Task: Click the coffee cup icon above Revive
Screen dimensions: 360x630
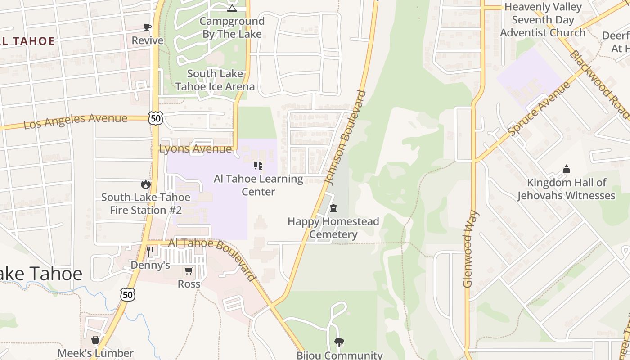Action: [148, 27]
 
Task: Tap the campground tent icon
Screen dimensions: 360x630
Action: [232, 8]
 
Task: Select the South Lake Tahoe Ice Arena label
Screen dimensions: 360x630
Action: [215, 80]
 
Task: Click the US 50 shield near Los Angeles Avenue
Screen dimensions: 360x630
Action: [156, 119]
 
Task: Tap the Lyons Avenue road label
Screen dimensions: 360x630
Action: [195, 149]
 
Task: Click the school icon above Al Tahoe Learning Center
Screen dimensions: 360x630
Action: [258, 166]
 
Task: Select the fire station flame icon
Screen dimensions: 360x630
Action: [145, 184]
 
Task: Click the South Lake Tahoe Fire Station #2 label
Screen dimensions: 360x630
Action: [146, 204]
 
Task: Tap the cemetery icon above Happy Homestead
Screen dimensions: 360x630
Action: [333, 208]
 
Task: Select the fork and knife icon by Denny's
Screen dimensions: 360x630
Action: [151, 252]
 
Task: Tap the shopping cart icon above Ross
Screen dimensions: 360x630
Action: [189, 271]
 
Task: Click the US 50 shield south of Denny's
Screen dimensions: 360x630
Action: [128, 294]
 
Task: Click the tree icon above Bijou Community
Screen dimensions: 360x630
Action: [339, 342]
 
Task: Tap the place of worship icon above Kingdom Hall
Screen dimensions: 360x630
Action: [566, 170]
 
